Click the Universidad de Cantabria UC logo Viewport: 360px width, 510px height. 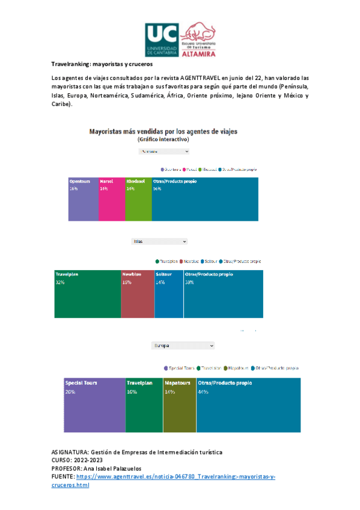[161, 40]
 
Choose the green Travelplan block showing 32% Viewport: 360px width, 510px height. [88, 293]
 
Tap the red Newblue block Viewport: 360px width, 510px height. [138, 293]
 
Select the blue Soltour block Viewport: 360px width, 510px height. [168, 293]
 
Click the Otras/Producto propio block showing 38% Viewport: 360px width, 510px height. [223, 293]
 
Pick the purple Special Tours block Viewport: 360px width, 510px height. [94, 405]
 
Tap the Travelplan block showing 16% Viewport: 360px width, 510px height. [144, 405]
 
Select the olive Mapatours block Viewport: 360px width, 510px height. [180, 405]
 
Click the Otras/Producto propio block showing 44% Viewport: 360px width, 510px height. [248, 405]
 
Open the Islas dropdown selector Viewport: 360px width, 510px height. [159, 241]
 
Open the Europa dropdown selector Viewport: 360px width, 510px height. [183, 346]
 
